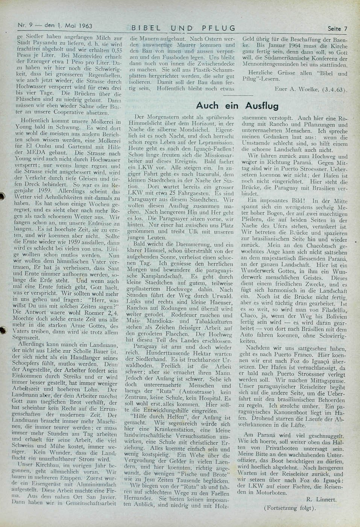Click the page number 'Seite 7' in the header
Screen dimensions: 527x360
click(337, 28)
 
